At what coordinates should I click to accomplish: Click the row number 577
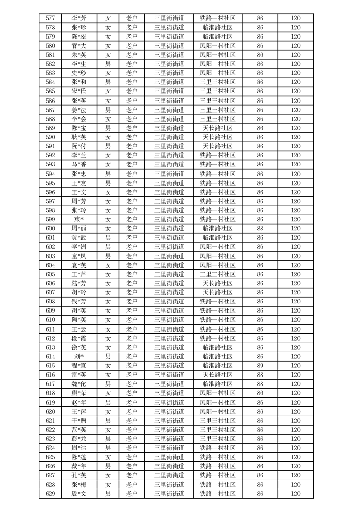coord(50,19)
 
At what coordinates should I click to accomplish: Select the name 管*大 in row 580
coord(79,46)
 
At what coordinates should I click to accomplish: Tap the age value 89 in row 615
coord(260,366)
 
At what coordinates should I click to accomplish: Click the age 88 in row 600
coord(260,229)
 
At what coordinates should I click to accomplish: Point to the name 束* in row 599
coord(79,220)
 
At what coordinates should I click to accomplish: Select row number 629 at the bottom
coord(50,494)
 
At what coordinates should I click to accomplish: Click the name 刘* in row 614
coord(79,357)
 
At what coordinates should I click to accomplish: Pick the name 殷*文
coord(79,494)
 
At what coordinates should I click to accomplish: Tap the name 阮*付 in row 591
coord(79,146)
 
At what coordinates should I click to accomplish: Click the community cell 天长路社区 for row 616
coord(217,375)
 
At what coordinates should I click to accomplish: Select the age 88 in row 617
coord(260,384)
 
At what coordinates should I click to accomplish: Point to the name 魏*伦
coord(79,384)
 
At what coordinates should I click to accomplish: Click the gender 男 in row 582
coord(108,64)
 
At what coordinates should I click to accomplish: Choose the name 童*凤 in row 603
coord(79,256)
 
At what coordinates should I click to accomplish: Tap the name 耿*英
coord(79,137)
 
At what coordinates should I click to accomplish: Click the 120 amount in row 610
coord(296,320)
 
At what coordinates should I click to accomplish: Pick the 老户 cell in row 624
coord(132,448)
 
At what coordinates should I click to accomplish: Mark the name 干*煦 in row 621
coord(79,421)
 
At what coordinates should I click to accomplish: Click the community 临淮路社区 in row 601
coord(217,238)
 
